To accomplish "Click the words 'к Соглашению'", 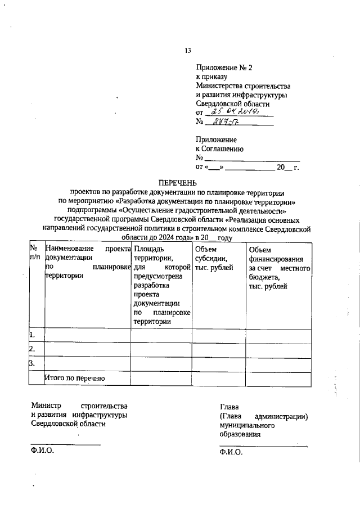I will [x=219, y=149].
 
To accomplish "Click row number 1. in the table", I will [x=33, y=335].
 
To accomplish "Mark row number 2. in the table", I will [x=33, y=350].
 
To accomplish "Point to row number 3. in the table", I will [x=33, y=364].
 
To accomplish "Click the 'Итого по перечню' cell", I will [x=75, y=379].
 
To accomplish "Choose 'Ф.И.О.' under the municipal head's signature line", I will [x=231, y=452].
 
